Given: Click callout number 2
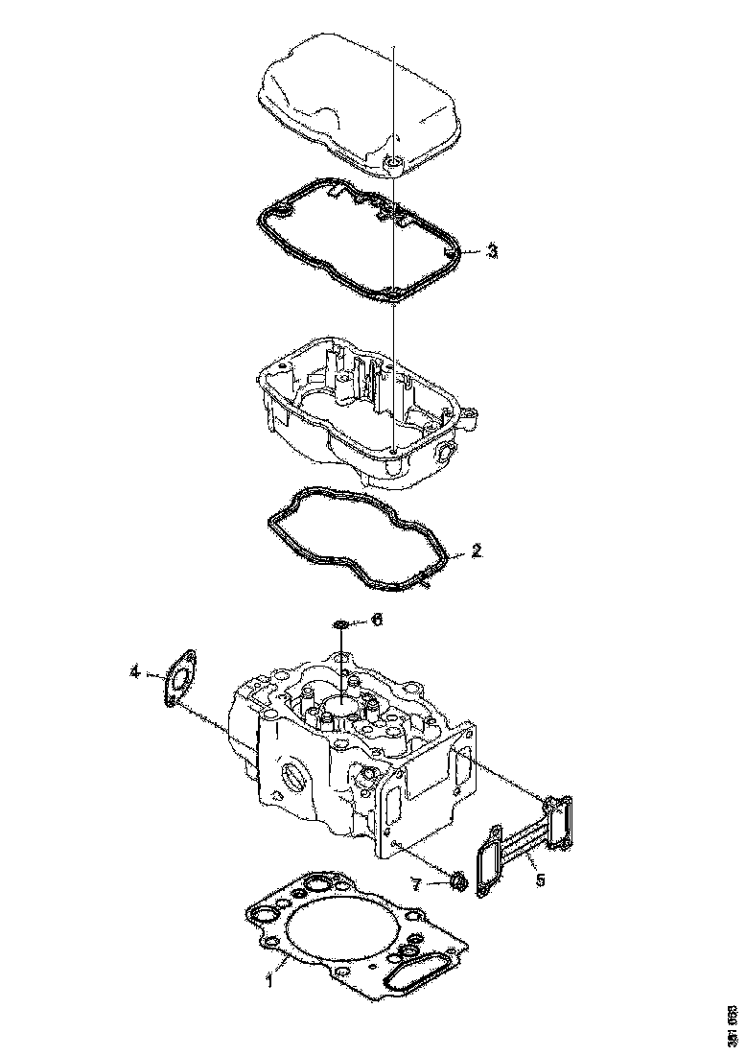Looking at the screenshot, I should coord(477,551).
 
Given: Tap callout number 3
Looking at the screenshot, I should coord(491,251).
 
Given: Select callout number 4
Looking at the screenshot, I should coord(135,672).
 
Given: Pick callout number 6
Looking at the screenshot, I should coord(377,621).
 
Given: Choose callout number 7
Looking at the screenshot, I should coord(417,883).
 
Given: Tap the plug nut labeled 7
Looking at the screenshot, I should coord(458,879).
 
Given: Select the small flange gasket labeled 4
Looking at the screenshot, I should coord(178,678).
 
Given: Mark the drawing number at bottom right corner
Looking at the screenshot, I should coord(732,1024).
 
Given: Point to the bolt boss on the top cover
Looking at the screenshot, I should coord(393,166).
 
